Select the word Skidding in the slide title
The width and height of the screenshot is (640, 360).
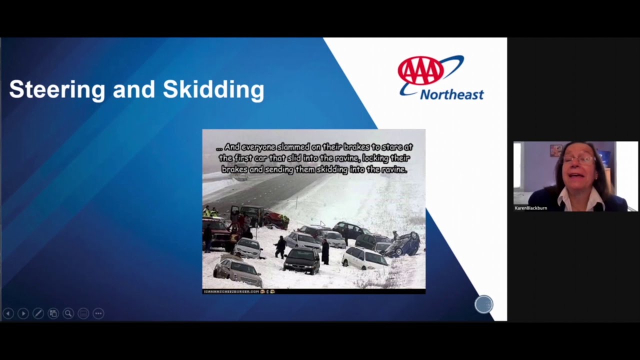(213, 89)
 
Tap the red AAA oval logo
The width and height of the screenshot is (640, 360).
(420, 70)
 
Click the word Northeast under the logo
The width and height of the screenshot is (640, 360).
(451, 94)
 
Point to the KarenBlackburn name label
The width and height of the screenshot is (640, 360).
(530, 208)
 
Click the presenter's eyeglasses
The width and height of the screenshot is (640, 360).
(579, 159)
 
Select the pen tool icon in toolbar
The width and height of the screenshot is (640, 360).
(38, 313)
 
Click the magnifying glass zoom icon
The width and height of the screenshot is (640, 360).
(68, 313)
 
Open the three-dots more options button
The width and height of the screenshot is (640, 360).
(98, 313)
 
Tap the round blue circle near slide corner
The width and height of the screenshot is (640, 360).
(483, 304)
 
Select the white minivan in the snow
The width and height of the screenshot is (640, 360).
(364, 257)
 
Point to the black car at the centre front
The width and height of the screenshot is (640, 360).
(301, 260)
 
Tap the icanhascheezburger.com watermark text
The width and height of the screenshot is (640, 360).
(231, 291)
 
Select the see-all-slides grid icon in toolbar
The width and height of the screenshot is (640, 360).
(53, 313)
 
